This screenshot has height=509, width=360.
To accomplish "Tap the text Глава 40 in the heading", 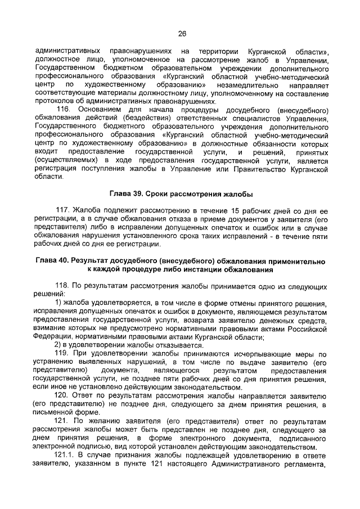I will point(52,261).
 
